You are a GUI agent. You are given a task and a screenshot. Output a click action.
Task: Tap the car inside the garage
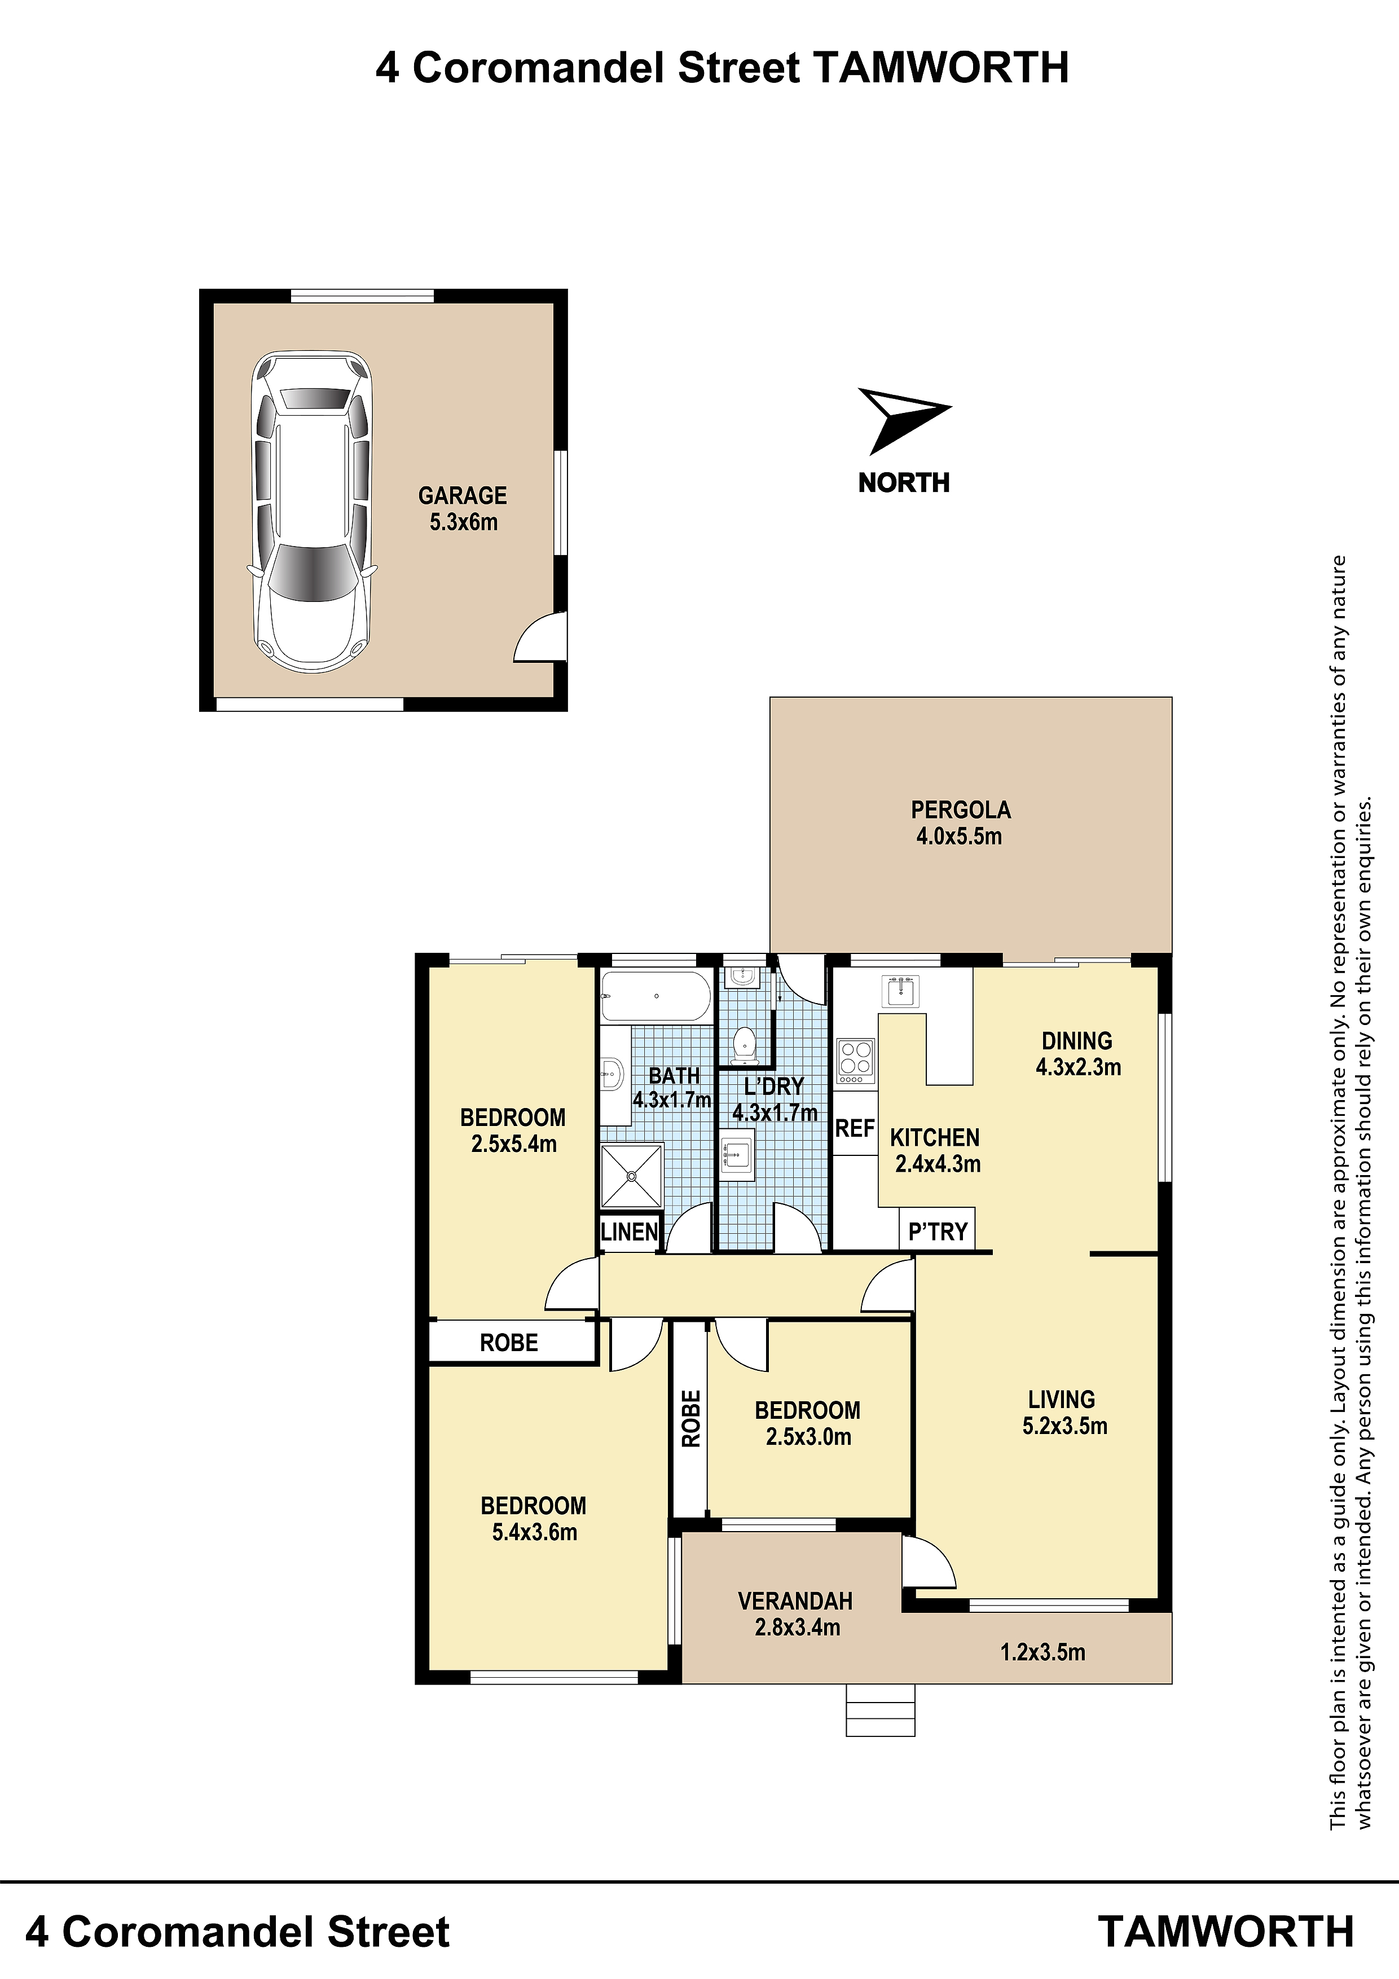312,512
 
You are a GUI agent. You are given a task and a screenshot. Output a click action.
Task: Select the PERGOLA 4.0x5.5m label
960,823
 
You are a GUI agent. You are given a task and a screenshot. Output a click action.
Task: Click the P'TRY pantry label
938,1233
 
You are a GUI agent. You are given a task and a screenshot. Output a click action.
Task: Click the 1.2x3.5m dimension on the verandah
1042,1652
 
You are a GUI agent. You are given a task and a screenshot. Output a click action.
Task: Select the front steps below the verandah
880,1710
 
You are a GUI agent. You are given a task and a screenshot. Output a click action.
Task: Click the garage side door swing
540,637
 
